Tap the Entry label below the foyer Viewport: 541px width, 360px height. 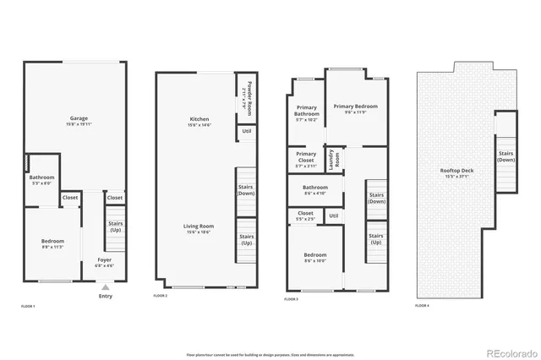coord(105,296)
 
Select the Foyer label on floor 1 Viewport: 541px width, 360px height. coord(104,262)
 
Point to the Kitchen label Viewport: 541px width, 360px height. coord(199,122)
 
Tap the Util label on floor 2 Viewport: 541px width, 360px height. coord(246,131)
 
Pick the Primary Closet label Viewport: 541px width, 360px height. coord(306,158)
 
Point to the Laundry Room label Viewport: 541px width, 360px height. coord(334,159)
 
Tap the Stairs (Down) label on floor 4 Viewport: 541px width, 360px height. coord(505,156)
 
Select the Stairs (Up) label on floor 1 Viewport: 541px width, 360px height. coord(115,227)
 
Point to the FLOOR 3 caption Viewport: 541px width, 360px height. coord(292,299)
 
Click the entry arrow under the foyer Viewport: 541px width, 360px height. coord(105,288)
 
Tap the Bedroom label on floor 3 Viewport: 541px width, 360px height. coord(314,257)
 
